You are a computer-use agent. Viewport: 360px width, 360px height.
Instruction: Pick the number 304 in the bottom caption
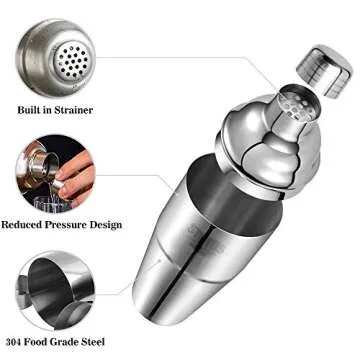tap(15, 344)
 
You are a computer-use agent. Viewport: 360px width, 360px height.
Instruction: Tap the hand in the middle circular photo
tap(74, 174)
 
